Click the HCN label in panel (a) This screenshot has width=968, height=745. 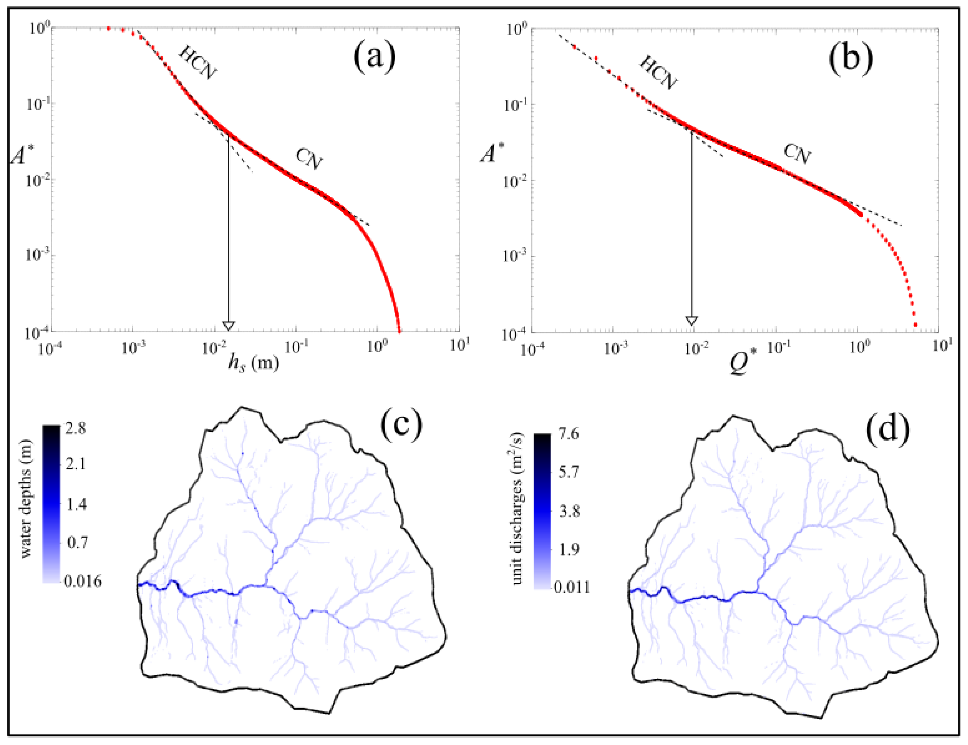pyautogui.click(x=198, y=63)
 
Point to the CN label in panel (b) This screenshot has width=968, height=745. pyautogui.click(x=797, y=153)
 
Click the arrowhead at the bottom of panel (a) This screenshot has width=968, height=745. pyautogui.click(x=228, y=326)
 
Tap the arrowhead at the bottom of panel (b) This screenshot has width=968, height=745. pyautogui.click(x=691, y=321)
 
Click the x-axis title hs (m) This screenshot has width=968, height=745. pyautogui.click(x=253, y=364)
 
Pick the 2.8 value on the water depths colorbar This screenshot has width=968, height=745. pyautogui.click(x=75, y=429)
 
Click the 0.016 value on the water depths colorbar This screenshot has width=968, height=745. pyautogui.click(x=82, y=581)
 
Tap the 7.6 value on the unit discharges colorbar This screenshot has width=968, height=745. pyautogui.click(x=568, y=434)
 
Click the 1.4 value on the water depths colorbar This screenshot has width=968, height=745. pyautogui.click(x=76, y=504)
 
